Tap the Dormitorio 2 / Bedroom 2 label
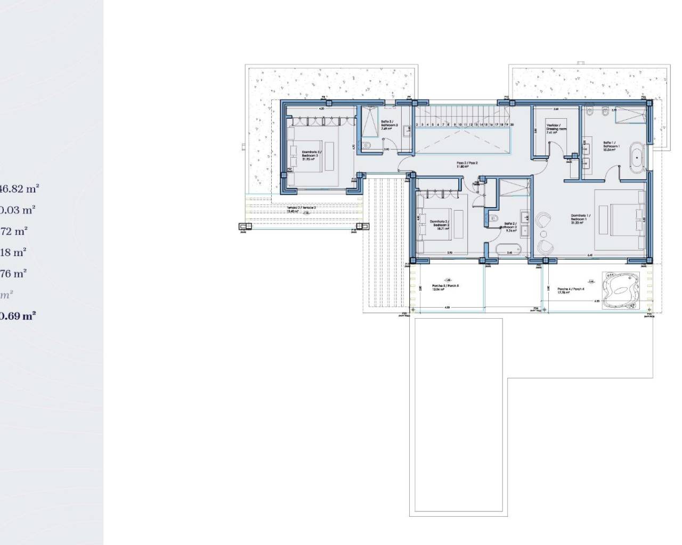pyautogui.click(x=440, y=224)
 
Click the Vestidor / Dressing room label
pyautogui.click(x=556, y=129)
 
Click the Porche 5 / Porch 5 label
pyautogui.click(x=445, y=287)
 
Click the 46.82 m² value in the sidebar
pyautogui.click(x=20, y=188)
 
